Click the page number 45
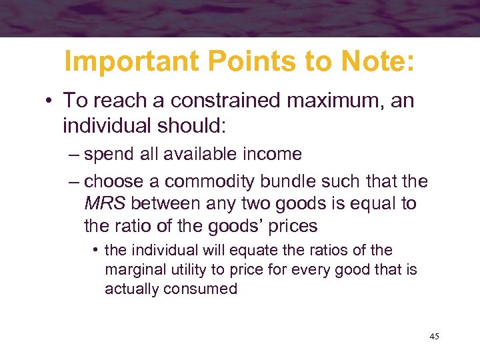pos(434,337)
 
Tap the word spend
pos(113,154)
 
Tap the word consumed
pos(205,289)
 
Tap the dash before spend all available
pos(73,155)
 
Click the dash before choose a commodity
pos(73,181)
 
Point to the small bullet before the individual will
pos(97,251)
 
